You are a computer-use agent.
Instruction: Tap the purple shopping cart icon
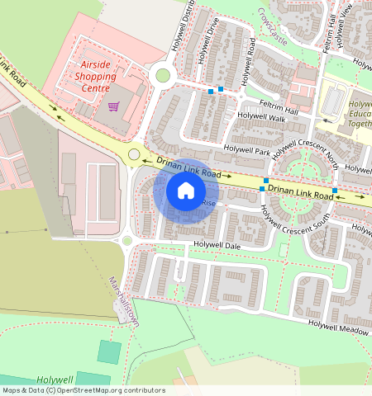pos(112,106)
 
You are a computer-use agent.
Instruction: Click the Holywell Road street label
pos(247,62)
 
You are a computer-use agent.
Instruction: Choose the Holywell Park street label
pos(246,152)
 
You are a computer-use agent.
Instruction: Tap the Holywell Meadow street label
pos(339,327)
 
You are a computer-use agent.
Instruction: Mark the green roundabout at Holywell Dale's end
pos(127,241)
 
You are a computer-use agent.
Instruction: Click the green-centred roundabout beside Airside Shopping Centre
pos(163,75)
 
